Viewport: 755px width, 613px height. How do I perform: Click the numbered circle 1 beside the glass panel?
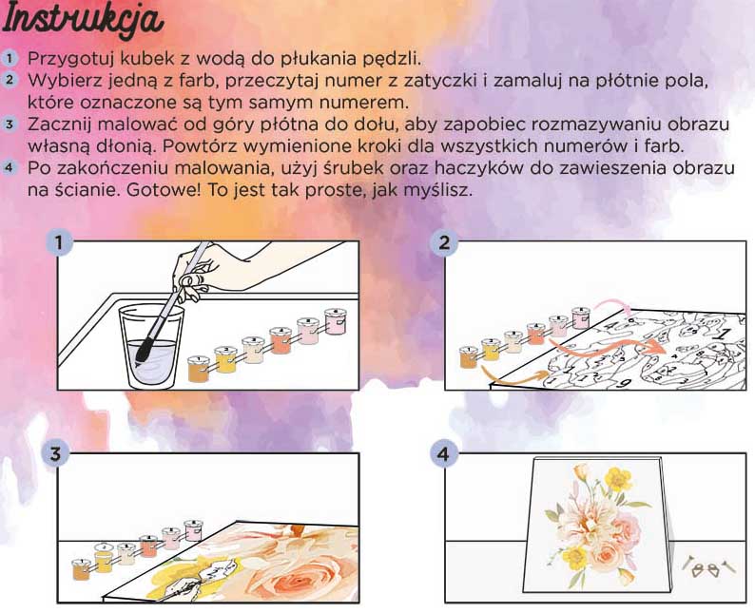point(59,242)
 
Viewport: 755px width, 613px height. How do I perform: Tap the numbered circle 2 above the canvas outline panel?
point(443,242)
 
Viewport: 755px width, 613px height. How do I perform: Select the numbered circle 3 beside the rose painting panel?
point(56,453)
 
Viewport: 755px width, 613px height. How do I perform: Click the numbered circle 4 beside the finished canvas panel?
point(443,453)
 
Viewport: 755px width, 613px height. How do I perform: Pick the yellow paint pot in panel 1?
point(225,359)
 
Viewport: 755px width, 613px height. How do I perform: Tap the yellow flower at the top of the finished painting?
point(618,479)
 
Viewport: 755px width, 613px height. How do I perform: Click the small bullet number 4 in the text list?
point(9,168)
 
